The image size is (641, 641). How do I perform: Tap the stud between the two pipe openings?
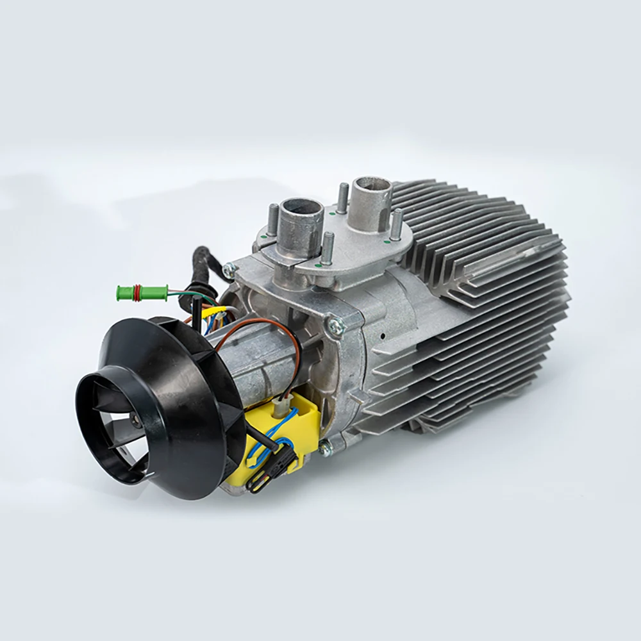click(343, 196)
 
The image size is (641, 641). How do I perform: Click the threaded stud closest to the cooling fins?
click(396, 225)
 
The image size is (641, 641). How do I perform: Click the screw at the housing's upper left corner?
click(229, 271)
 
